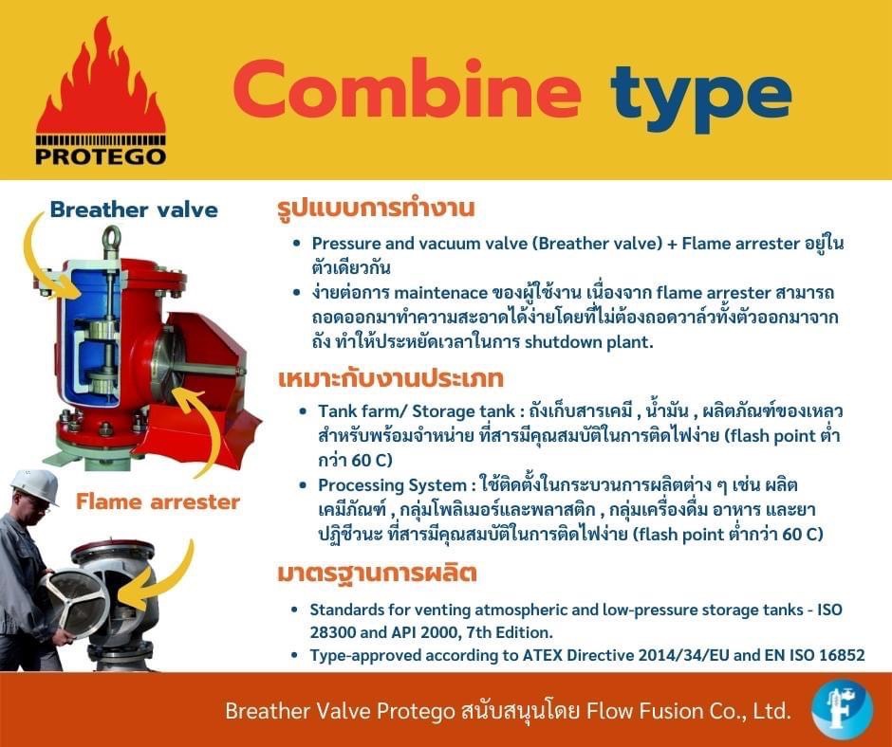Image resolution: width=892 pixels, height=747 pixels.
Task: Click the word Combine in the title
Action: [x=407, y=89]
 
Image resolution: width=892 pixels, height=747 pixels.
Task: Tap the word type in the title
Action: [x=701, y=97]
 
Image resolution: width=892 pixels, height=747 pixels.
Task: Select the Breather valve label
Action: [x=134, y=210]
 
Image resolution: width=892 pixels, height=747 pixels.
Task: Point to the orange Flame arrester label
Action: [x=158, y=502]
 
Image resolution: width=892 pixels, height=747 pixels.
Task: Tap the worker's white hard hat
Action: [x=35, y=485]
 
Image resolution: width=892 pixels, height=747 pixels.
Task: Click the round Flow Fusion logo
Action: [x=842, y=709]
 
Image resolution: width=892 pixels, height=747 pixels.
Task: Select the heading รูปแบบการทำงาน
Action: [x=376, y=208]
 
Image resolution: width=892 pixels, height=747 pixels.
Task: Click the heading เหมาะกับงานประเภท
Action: [x=391, y=378]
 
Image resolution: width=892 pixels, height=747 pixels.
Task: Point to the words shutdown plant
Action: [x=588, y=342]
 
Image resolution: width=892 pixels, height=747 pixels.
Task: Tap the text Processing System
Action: [x=393, y=485]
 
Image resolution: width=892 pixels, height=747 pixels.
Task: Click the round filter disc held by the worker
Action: [x=72, y=601]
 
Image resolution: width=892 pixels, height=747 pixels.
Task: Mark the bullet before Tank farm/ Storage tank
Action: [x=304, y=410]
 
